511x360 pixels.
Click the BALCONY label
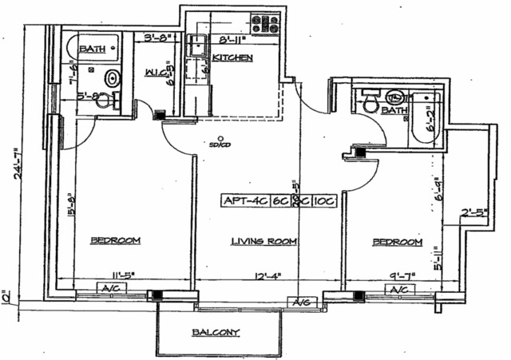click(x=215, y=333)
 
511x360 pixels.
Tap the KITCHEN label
click(x=232, y=58)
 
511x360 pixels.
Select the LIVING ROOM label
click(x=264, y=241)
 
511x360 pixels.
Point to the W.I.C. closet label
click(x=156, y=74)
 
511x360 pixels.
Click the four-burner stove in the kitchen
click(x=264, y=25)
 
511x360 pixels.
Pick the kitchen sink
click(x=195, y=49)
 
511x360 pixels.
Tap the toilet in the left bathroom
click(x=113, y=100)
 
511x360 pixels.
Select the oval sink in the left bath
click(x=113, y=78)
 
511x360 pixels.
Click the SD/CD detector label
click(x=213, y=145)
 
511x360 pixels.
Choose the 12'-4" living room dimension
click(x=267, y=276)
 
